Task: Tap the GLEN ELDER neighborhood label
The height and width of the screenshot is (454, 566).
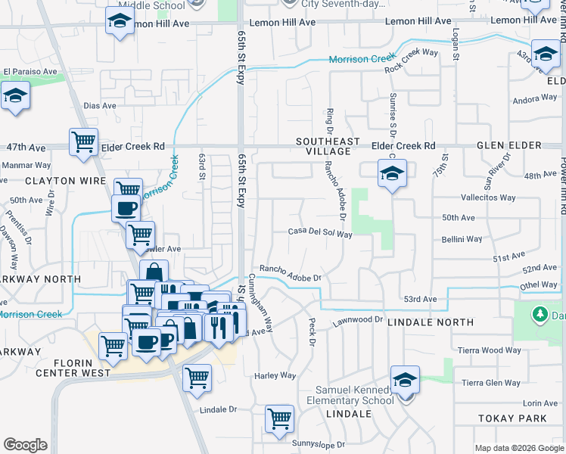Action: [519, 145]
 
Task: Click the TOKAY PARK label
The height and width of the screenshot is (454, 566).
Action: [512, 418]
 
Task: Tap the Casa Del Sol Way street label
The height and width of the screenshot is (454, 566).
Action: [320, 234]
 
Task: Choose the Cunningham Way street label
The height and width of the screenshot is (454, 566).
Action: [261, 303]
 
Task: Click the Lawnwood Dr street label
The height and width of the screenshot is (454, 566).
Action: [358, 321]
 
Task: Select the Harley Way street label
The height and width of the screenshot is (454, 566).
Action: [275, 375]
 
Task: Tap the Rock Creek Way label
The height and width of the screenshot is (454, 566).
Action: [411, 61]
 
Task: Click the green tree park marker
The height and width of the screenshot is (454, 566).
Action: [540, 314]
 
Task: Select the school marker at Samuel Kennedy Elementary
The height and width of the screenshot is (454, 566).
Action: [405, 379]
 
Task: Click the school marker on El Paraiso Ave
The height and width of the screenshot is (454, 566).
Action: [14, 96]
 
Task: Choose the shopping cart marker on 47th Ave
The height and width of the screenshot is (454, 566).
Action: [83, 140]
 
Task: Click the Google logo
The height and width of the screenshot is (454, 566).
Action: [25, 445]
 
